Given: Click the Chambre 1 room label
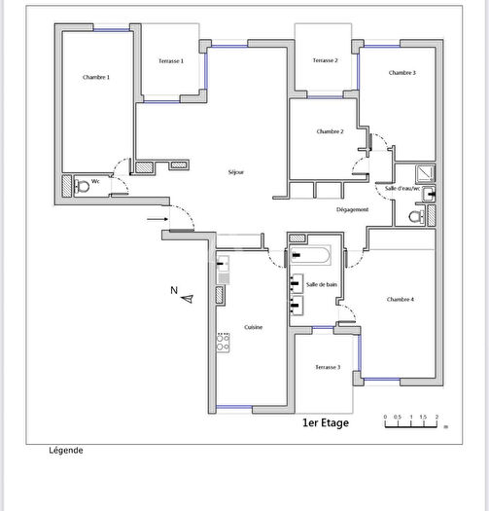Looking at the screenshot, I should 96,77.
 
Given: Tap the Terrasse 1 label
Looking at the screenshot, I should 171,61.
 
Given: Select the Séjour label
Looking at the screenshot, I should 235,172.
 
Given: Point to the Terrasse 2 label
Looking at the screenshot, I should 325,60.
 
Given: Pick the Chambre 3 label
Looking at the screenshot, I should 402,73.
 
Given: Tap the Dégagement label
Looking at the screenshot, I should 352,210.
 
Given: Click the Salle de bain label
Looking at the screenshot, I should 321,284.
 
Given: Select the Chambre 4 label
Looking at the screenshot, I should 401,299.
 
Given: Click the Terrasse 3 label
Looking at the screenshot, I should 327,367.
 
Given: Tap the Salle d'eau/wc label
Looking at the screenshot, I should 402,188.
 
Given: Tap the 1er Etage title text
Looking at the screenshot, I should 325,423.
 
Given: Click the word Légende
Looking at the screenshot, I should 66,451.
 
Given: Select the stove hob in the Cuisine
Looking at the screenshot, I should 222,343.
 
